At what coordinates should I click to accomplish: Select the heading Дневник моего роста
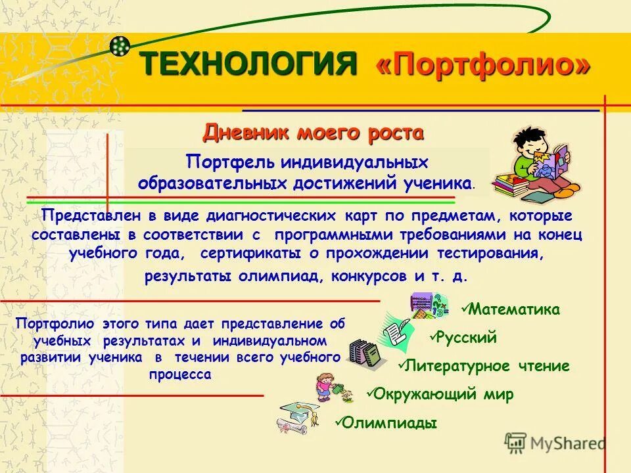313,133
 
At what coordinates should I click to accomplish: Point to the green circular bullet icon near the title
120,46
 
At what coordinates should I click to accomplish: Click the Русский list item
467,338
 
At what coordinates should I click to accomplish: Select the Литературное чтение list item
487,366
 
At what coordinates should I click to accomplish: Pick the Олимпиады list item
390,423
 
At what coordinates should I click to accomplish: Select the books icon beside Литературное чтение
364,353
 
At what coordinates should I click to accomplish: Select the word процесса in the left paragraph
181,374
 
